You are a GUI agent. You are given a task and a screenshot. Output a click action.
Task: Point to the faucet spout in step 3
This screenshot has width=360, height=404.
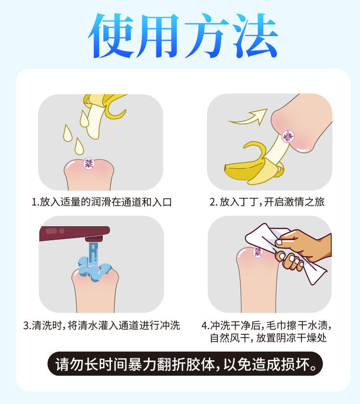click(94, 238)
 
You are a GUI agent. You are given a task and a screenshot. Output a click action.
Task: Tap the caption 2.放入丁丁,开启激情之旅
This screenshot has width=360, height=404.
click(267, 202)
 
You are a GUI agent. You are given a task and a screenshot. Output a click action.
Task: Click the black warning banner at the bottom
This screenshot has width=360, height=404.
click(185, 364)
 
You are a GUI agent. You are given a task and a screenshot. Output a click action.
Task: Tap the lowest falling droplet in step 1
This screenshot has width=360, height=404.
click(79, 145)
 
